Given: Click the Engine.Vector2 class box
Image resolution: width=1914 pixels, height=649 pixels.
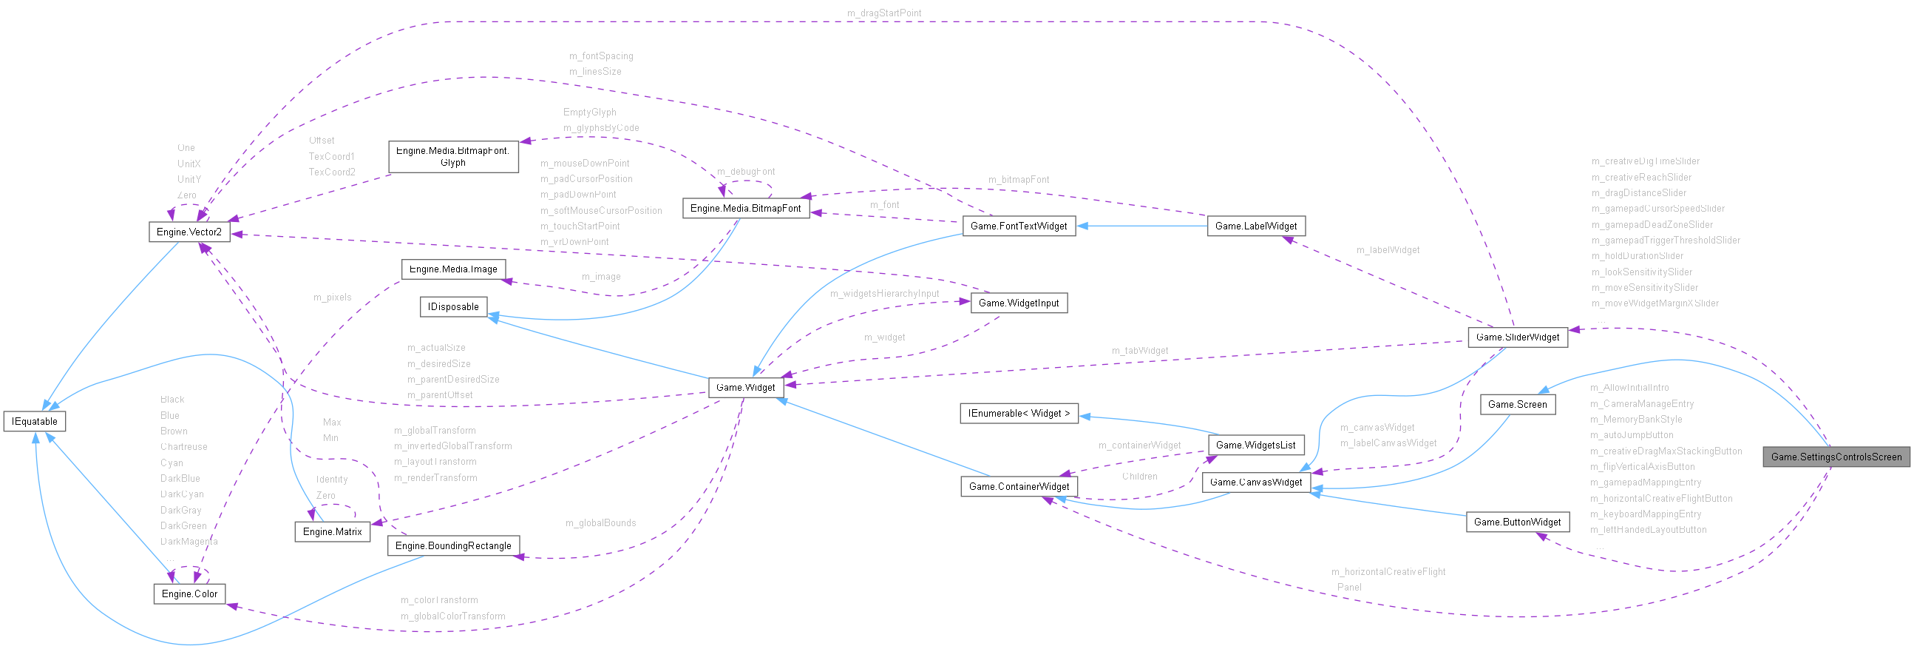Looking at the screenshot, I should point(189,232).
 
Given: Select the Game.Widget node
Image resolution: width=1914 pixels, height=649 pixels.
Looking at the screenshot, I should point(745,387).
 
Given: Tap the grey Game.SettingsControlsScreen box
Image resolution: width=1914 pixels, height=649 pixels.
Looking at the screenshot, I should point(1836,457).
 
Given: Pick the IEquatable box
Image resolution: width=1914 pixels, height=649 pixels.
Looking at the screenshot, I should point(34,422).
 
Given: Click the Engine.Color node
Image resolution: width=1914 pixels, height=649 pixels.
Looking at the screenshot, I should point(189,594).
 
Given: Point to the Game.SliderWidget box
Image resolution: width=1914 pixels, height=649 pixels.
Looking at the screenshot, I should point(1517,337).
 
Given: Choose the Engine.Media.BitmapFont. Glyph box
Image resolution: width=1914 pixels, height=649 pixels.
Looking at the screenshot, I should point(452,157).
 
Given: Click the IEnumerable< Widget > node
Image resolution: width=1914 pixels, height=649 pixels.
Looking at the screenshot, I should point(1019,414).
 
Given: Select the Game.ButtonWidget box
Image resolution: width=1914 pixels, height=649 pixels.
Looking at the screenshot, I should point(1517,522).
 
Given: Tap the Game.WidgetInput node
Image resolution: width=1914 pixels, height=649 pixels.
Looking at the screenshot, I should point(1019,303).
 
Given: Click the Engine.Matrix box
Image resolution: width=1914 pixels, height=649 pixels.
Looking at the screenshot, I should point(332,531).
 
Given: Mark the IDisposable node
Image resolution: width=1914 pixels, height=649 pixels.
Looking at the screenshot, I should point(453,306).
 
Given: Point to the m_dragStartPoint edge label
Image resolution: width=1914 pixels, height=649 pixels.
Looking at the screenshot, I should point(884,13).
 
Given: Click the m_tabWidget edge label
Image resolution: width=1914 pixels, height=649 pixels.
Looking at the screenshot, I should point(1139,350).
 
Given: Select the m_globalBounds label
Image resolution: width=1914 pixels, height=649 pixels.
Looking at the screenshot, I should point(600,522).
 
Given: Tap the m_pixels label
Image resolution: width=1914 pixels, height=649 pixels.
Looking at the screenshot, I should point(332,297).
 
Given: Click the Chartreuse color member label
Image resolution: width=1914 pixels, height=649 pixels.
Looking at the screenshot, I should point(183,447).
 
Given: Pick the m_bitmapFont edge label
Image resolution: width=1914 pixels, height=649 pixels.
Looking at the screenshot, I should point(1018,180).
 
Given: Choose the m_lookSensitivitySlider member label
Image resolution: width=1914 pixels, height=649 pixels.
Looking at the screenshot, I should point(1641,272).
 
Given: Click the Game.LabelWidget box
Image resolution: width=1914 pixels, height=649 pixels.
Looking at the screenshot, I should point(1256,226).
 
